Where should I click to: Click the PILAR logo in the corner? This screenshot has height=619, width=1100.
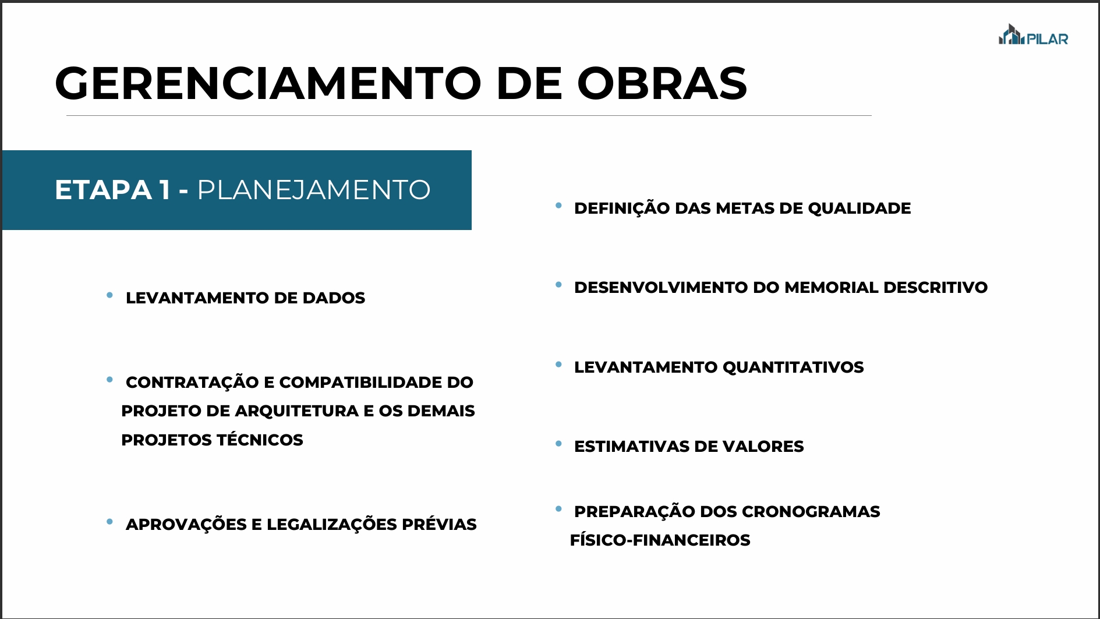pyautogui.click(x=1033, y=35)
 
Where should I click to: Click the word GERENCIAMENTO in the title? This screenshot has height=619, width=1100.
pyautogui.click(x=268, y=83)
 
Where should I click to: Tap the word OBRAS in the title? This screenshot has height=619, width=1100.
pyautogui.click(x=662, y=83)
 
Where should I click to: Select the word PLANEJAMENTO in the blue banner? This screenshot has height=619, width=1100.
pyautogui.click(x=314, y=190)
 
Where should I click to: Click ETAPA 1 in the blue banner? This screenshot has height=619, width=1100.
pyautogui.click(x=113, y=190)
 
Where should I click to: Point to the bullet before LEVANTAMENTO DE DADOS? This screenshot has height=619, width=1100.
pyautogui.click(x=109, y=295)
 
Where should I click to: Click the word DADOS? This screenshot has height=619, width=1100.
pyautogui.click(x=334, y=298)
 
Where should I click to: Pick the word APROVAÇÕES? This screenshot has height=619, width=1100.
pyautogui.click(x=186, y=524)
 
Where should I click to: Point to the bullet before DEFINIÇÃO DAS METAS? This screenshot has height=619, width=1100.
pyautogui.click(x=558, y=206)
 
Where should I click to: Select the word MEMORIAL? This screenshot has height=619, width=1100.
pyautogui.click(x=832, y=287)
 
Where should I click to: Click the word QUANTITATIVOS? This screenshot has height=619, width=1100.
pyautogui.click(x=793, y=367)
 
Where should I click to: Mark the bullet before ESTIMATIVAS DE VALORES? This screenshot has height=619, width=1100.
pyautogui.click(x=558, y=444)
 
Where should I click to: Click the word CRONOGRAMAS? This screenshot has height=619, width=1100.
pyautogui.click(x=811, y=511)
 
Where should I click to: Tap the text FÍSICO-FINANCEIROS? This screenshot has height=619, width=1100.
pyautogui.click(x=660, y=540)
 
